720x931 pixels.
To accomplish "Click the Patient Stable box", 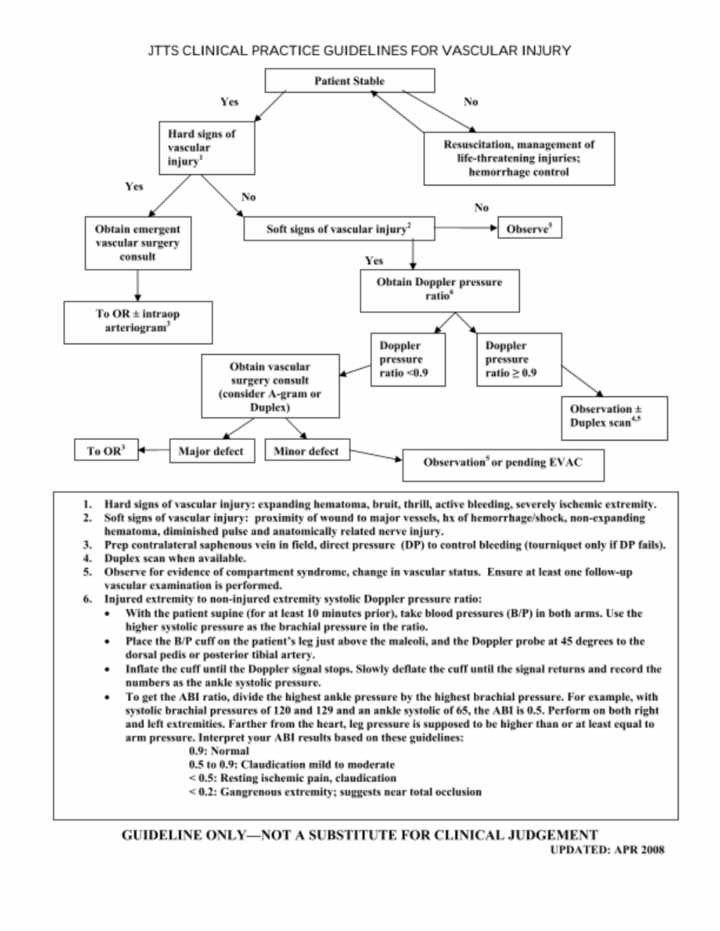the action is pyautogui.click(x=349, y=81).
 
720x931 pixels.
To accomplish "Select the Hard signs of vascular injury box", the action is pyautogui.click(x=207, y=148).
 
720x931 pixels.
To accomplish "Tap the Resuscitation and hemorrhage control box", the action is pyautogui.click(x=519, y=159).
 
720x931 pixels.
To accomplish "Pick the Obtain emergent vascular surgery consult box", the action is pyautogui.click(x=138, y=243).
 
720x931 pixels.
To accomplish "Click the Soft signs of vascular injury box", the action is pyautogui.click(x=339, y=229).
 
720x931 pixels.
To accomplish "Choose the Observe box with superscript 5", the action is pyautogui.click(x=529, y=228).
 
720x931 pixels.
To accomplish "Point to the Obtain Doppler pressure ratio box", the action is pyautogui.click(x=439, y=290).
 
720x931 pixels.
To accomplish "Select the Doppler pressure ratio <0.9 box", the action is pyautogui.click(x=408, y=360).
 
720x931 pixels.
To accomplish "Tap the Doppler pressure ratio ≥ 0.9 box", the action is pyautogui.click(x=519, y=360).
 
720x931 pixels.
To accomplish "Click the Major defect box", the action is pyautogui.click(x=212, y=450).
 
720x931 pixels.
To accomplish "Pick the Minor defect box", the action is pyautogui.click(x=307, y=450).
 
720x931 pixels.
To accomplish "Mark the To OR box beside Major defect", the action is pyautogui.click(x=106, y=450).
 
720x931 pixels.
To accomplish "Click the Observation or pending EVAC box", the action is pyautogui.click(x=503, y=465).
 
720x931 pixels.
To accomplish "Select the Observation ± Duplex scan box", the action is pyautogui.click(x=615, y=418).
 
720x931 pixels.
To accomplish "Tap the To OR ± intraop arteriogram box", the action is pyautogui.click(x=138, y=323).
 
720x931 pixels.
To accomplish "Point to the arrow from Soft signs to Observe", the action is pyautogui.click(x=466, y=228).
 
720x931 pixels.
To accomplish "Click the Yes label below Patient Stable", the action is pyautogui.click(x=229, y=102).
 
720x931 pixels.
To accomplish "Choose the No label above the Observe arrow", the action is pyautogui.click(x=481, y=207).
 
